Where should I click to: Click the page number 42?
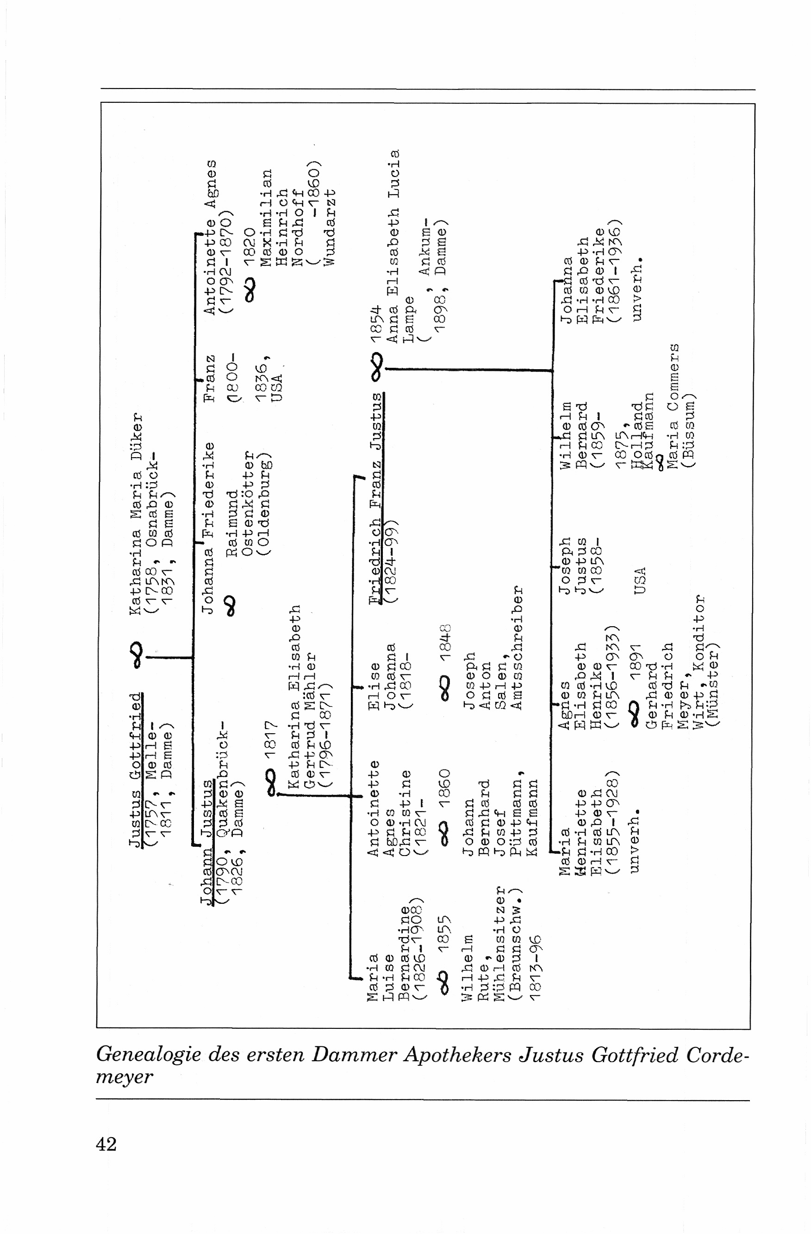coord(106,1143)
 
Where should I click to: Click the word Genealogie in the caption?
coord(148,1055)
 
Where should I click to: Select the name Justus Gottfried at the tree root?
coord(135,769)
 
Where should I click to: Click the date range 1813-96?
coord(534,968)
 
